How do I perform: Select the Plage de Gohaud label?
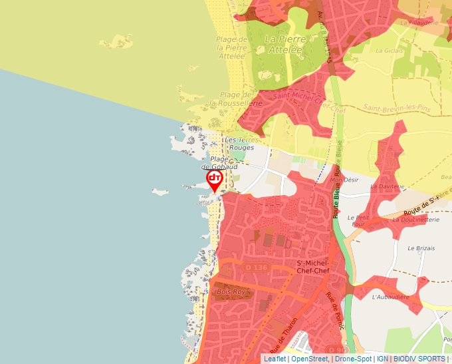224,163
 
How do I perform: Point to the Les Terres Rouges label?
239,143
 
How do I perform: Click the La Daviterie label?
387,186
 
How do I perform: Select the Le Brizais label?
421,248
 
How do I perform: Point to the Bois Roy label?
231,291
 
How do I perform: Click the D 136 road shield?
257,268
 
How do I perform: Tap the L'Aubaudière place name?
390,297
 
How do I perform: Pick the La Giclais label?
390,50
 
